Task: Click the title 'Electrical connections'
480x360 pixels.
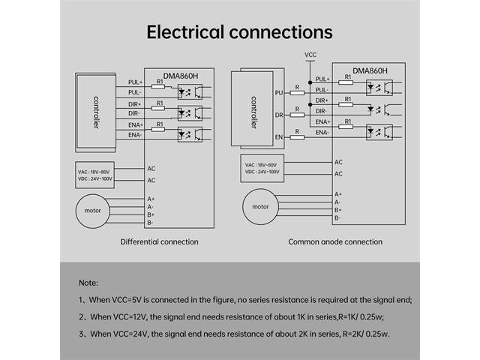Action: click(239, 32)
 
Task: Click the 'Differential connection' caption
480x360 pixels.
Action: click(160, 241)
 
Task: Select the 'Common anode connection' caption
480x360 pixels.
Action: click(335, 241)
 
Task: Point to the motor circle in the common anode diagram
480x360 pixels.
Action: click(260, 206)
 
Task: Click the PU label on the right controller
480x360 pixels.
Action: click(279, 93)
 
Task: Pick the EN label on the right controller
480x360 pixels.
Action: click(279, 137)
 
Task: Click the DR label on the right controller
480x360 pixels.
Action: click(279, 115)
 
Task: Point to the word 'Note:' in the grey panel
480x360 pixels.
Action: click(88, 283)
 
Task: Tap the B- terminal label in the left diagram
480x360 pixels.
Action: click(151, 223)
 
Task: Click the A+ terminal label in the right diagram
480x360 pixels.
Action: click(338, 194)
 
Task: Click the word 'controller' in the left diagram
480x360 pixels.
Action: click(96, 112)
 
